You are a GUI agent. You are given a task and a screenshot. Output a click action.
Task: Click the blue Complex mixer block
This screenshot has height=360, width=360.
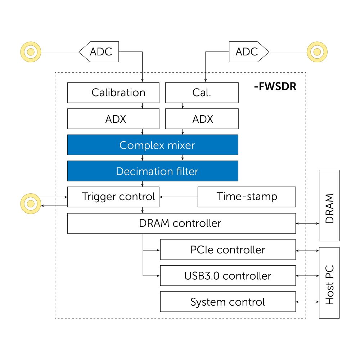(x=153, y=145)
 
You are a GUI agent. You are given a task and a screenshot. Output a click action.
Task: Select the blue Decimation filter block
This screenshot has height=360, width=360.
(x=153, y=171)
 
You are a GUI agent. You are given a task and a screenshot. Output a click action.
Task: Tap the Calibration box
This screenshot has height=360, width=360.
(x=113, y=93)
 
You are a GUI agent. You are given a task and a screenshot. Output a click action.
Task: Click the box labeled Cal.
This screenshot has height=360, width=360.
(x=202, y=93)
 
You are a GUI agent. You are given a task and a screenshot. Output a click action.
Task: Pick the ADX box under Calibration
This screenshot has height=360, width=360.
(x=113, y=119)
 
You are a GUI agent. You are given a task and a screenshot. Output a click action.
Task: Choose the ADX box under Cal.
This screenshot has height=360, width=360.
(x=202, y=119)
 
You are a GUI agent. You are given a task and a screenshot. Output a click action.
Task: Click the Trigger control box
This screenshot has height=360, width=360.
(x=113, y=197)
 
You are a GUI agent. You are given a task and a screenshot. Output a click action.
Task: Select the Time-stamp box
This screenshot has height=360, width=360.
(x=247, y=197)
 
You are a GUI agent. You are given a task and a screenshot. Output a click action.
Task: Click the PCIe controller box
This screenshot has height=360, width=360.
(x=228, y=249)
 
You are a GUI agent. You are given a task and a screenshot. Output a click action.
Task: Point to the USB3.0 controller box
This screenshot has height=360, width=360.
(x=228, y=276)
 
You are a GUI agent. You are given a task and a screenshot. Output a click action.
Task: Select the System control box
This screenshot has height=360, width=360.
(x=228, y=302)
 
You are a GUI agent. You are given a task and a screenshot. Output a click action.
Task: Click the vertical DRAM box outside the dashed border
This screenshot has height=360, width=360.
(x=329, y=205)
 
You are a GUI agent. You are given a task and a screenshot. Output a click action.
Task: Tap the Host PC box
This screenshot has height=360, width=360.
(x=329, y=283)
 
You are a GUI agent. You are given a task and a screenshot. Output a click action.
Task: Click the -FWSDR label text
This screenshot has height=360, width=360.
(x=275, y=86)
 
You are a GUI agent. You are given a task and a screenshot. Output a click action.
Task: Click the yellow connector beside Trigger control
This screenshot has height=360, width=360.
(x=31, y=203)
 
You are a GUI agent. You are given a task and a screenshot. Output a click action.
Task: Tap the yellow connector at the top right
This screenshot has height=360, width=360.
(x=317, y=52)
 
